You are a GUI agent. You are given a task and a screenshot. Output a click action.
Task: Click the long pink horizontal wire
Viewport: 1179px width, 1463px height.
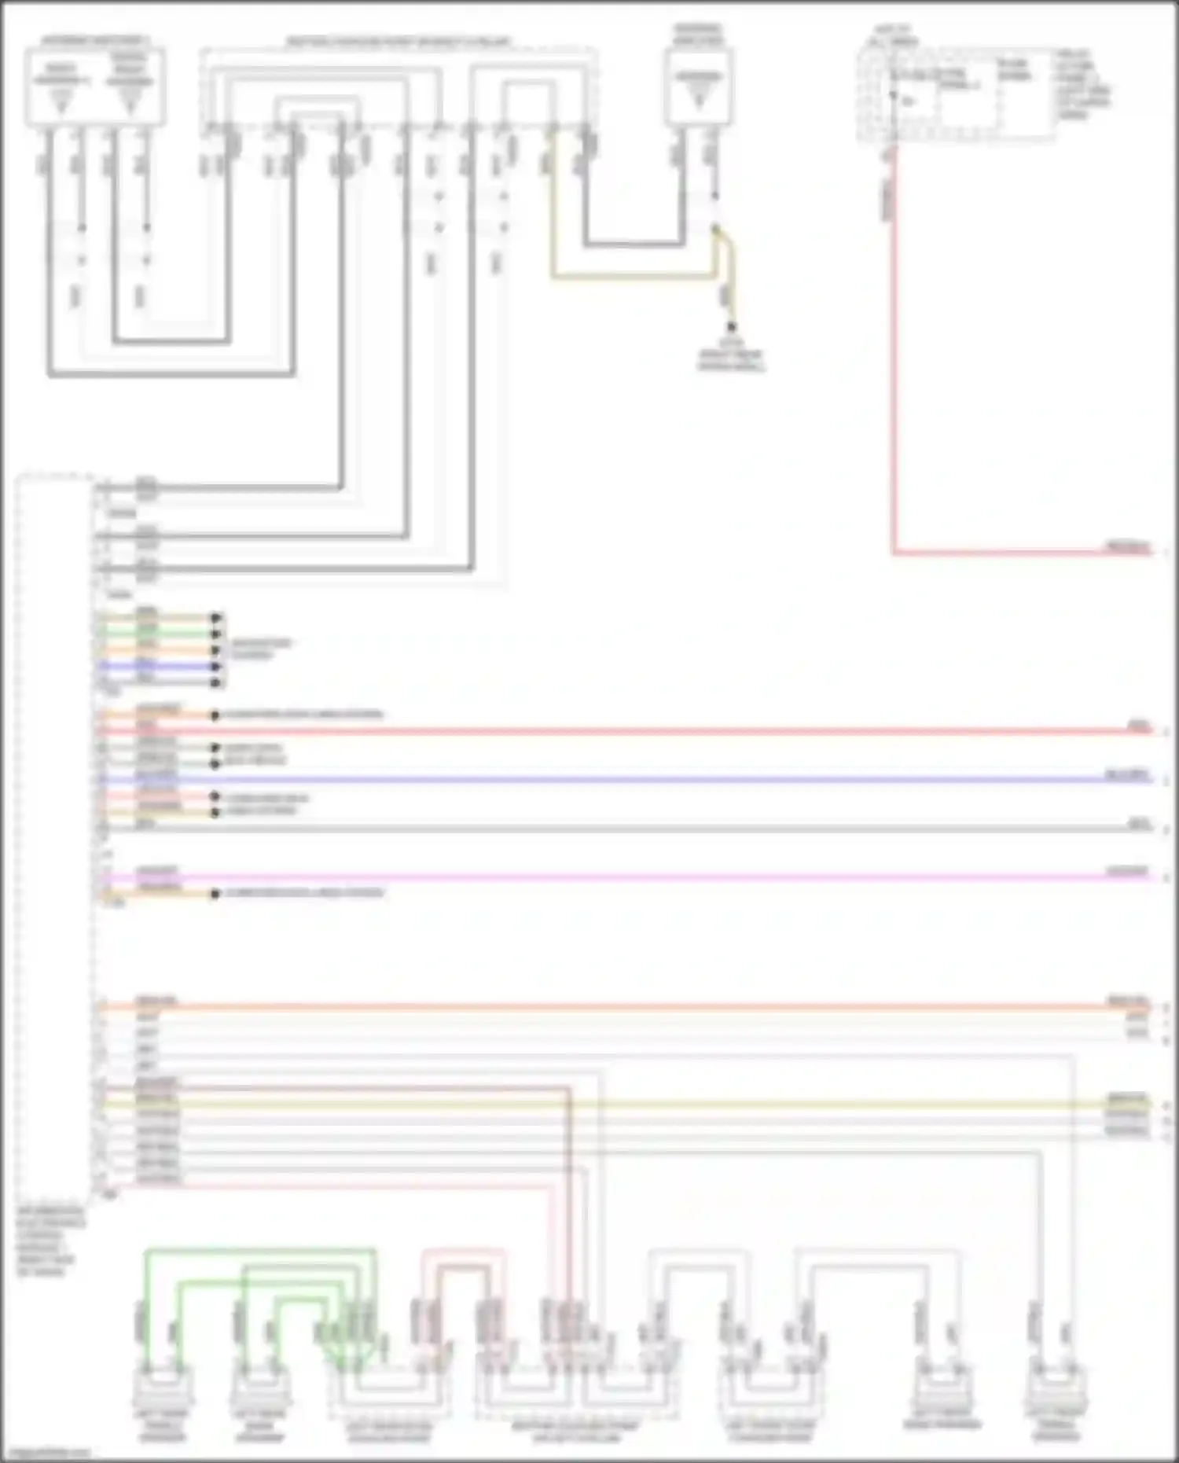coord(629,877)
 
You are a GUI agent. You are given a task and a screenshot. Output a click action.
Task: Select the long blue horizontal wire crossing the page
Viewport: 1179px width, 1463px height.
coord(629,780)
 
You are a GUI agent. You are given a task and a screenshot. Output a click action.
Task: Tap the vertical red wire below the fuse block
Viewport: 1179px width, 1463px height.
coord(894,354)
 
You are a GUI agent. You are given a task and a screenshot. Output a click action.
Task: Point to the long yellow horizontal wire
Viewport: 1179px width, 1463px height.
coord(629,1104)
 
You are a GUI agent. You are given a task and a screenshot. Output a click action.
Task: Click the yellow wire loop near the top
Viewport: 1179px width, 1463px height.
coord(629,276)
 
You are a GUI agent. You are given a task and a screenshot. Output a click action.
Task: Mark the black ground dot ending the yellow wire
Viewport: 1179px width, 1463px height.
coord(732,326)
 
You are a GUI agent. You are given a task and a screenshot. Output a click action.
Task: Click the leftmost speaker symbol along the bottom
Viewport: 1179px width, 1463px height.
coord(163,1388)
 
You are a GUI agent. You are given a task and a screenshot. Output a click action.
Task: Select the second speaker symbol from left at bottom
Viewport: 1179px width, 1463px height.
coord(259,1388)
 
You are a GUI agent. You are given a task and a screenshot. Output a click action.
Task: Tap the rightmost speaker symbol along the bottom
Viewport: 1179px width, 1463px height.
coord(1055,1388)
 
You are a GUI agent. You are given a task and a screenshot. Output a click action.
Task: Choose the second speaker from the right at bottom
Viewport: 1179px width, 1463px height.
coord(942,1388)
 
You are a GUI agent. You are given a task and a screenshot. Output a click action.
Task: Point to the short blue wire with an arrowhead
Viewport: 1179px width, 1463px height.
coord(157,666)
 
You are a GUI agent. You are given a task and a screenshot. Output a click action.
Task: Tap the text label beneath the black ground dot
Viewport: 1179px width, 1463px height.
coord(731,356)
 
